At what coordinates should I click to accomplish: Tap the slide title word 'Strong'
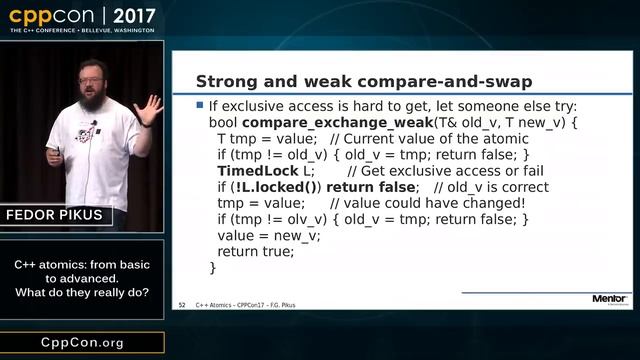(228, 81)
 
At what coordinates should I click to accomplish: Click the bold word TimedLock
(251, 170)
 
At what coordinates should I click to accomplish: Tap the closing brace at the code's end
(213, 267)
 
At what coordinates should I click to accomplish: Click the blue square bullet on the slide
(200, 105)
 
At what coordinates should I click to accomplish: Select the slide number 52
(182, 303)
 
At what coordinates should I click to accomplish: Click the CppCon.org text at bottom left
(82, 342)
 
